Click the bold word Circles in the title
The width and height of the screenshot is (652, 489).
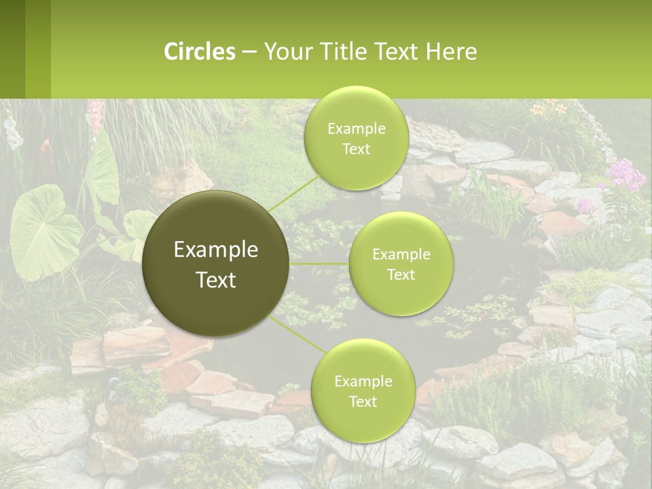(x=200, y=52)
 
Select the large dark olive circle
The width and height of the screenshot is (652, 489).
(x=215, y=264)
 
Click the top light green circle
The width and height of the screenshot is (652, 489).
(x=356, y=139)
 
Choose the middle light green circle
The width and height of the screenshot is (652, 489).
(x=401, y=264)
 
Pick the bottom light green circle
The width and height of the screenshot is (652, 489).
(x=363, y=391)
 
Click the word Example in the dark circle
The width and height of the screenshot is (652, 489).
(x=216, y=250)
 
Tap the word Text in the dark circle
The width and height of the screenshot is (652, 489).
(x=216, y=279)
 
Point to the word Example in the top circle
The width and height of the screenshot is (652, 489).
(x=356, y=129)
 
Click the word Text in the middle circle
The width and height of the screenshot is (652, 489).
(x=401, y=274)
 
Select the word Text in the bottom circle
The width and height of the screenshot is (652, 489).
(x=363, y=401)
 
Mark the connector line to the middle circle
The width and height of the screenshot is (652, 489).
(x=319, y=264)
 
